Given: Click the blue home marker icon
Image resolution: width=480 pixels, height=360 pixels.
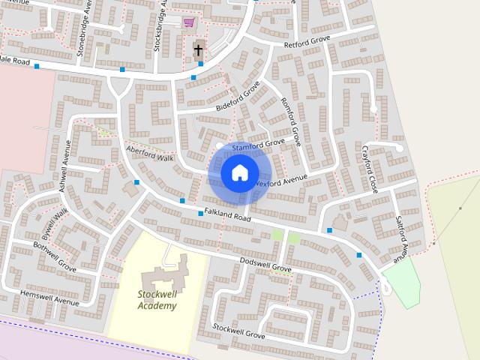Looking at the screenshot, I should tap(239, 173).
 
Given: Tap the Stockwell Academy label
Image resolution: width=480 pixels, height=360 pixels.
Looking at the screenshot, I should tap(157, 299).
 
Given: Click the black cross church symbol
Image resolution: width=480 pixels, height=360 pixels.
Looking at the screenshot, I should tap(198, 51).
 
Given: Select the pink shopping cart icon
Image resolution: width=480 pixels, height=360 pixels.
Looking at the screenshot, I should tap(187, 22).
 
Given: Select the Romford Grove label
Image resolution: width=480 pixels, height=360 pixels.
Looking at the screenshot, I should tap(290, 121).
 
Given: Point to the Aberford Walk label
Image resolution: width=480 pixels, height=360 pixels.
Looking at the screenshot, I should tap(150, 154).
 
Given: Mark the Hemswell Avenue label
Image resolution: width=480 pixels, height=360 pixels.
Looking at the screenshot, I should tap(49, 297).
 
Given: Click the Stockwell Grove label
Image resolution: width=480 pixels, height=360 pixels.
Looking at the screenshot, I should tap(238, 329).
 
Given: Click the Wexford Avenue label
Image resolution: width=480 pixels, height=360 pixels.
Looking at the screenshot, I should tap(281, 180).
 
